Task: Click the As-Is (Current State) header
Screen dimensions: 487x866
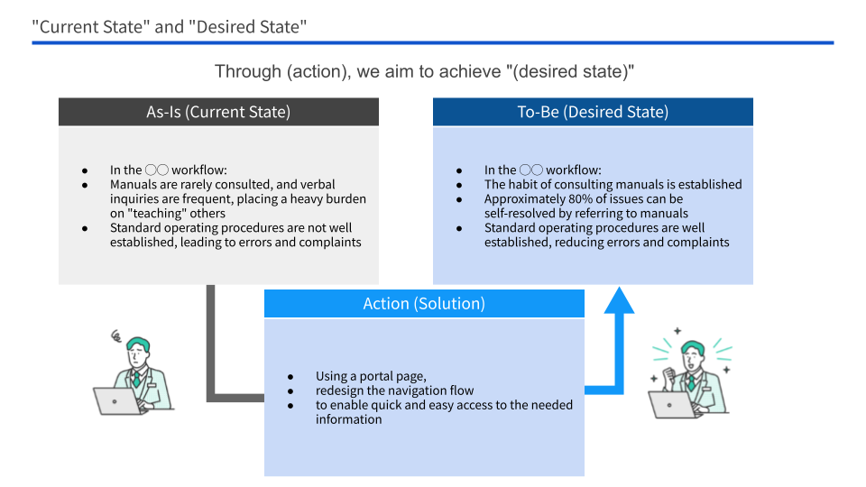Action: [218, 112]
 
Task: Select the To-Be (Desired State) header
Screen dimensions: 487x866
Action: [593, 112]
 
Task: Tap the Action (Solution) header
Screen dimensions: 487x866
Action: [424, 304]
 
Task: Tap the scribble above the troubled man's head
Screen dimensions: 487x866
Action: [115, 337]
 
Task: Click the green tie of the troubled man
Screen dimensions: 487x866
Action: [137, 379]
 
